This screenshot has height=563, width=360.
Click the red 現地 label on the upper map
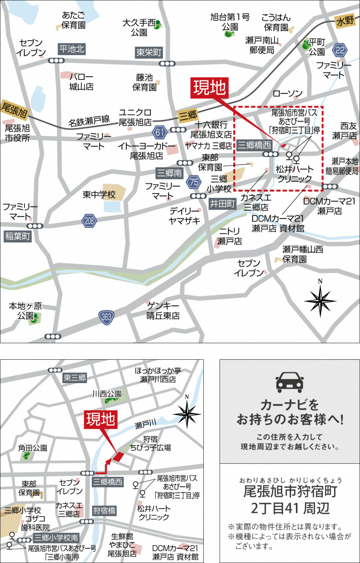[x=209, y=88]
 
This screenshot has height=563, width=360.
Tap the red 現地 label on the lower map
[x=100, y=419]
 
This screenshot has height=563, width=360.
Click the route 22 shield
[x=340, y=50]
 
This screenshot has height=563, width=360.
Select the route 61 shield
[x=160, y=132]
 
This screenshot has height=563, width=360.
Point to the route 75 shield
[x=194, y=182]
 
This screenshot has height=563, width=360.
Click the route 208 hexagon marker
[x=89, y=221]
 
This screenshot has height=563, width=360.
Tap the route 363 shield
[x=106, y=317]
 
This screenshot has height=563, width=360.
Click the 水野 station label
[x=345, y=21]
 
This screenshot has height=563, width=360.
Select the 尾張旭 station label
[x=14, y=110]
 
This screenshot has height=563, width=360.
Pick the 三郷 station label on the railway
[x=188, y=115]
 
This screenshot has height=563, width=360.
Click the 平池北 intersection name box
[x=72, y=49]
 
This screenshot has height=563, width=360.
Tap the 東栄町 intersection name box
[x=149, y=52]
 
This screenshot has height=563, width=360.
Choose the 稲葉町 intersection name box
[x=17, y=236]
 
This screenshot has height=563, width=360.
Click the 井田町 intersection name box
[x=223, y=204]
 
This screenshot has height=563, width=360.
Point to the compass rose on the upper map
[x=320, y=301]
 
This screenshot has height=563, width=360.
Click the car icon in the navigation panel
[x=289, y=382]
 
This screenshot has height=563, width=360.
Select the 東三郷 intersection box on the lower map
[x=75, y=377]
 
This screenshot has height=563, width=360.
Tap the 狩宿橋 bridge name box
[x=104, y=511]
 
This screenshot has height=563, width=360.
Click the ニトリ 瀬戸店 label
[x=229, y=236]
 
